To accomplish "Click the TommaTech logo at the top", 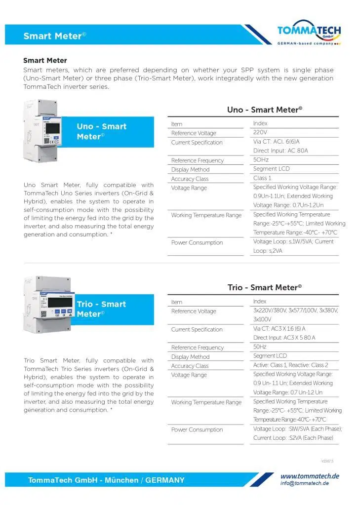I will pos(309,34).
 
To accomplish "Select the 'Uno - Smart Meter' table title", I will pos(264,110).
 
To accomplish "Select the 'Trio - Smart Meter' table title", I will pos(264,287).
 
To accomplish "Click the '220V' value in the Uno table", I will pos(260,133).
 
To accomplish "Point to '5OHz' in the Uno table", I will pos(261,160).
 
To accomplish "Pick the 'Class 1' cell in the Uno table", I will pos(262,178).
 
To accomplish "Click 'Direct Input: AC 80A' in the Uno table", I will pos(280,151).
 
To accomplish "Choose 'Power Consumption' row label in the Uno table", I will pos(197,242).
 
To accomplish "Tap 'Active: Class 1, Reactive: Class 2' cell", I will pos(290,365).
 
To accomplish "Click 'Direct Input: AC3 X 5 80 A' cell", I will pos(284,338).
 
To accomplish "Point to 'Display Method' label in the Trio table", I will pos(190,357).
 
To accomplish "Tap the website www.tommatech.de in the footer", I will pos(310,476).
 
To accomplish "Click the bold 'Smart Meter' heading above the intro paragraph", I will pos(45,61).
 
